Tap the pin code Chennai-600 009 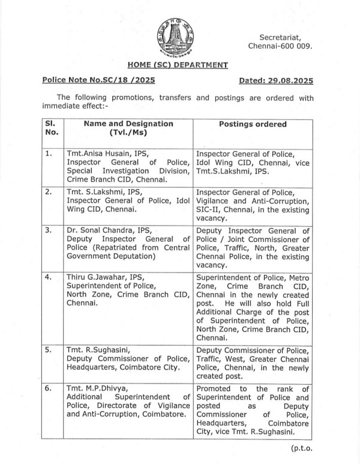[x=280, y=47]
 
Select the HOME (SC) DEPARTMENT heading [x=178, y=65]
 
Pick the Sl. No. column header [x=51, y=128]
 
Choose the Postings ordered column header [x=253, y=124]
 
